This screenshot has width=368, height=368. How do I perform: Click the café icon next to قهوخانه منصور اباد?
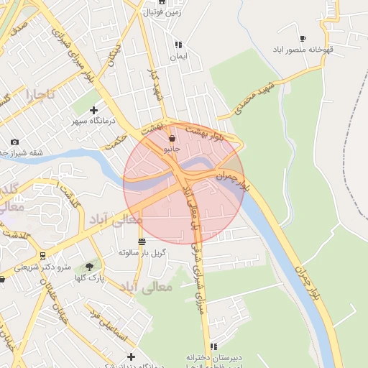click(303, 38)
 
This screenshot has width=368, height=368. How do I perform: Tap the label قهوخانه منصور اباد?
click(303, 50)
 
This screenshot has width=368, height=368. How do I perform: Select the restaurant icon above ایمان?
click(178, 45)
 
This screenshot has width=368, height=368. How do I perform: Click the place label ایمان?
click(178, 56)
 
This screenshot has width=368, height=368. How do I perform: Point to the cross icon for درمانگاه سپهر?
click(93, 110)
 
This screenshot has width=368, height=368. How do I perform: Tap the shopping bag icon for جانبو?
click(171, 138)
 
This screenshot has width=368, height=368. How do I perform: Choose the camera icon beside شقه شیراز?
click(15, 142)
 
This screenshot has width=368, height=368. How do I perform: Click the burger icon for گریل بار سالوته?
click(142, 242)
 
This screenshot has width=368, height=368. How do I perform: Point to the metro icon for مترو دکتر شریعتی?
click(42, 255)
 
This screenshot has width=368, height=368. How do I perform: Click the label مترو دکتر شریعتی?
click(45, 267)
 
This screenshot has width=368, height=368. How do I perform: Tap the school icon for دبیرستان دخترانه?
click(213, 347)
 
